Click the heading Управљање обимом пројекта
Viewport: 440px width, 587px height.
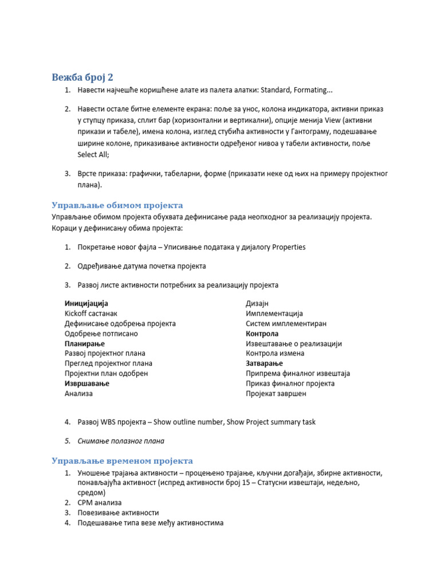[x=117, y=205]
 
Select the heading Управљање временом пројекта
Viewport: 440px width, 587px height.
[x=122, y=461]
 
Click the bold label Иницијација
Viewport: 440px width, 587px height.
[x=87, y=303]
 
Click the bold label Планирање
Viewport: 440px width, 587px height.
[x=85, y=343]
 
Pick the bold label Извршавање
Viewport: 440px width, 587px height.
[x=87, y=383]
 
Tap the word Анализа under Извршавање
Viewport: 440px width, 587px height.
[x=78, y=394]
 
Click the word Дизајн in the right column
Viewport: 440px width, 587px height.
[x=257, y=303]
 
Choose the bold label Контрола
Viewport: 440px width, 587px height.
[x=262, y=334]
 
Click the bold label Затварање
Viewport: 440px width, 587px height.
[x=264, y=363]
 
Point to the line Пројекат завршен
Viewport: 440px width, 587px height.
[x=276, y=394]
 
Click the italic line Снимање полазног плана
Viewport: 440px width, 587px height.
[x=121, y=441]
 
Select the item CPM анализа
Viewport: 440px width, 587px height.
[x=100, y=502]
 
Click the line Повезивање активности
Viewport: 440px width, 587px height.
[x=119, y=512]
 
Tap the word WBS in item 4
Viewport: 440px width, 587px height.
[x=108, y=422]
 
